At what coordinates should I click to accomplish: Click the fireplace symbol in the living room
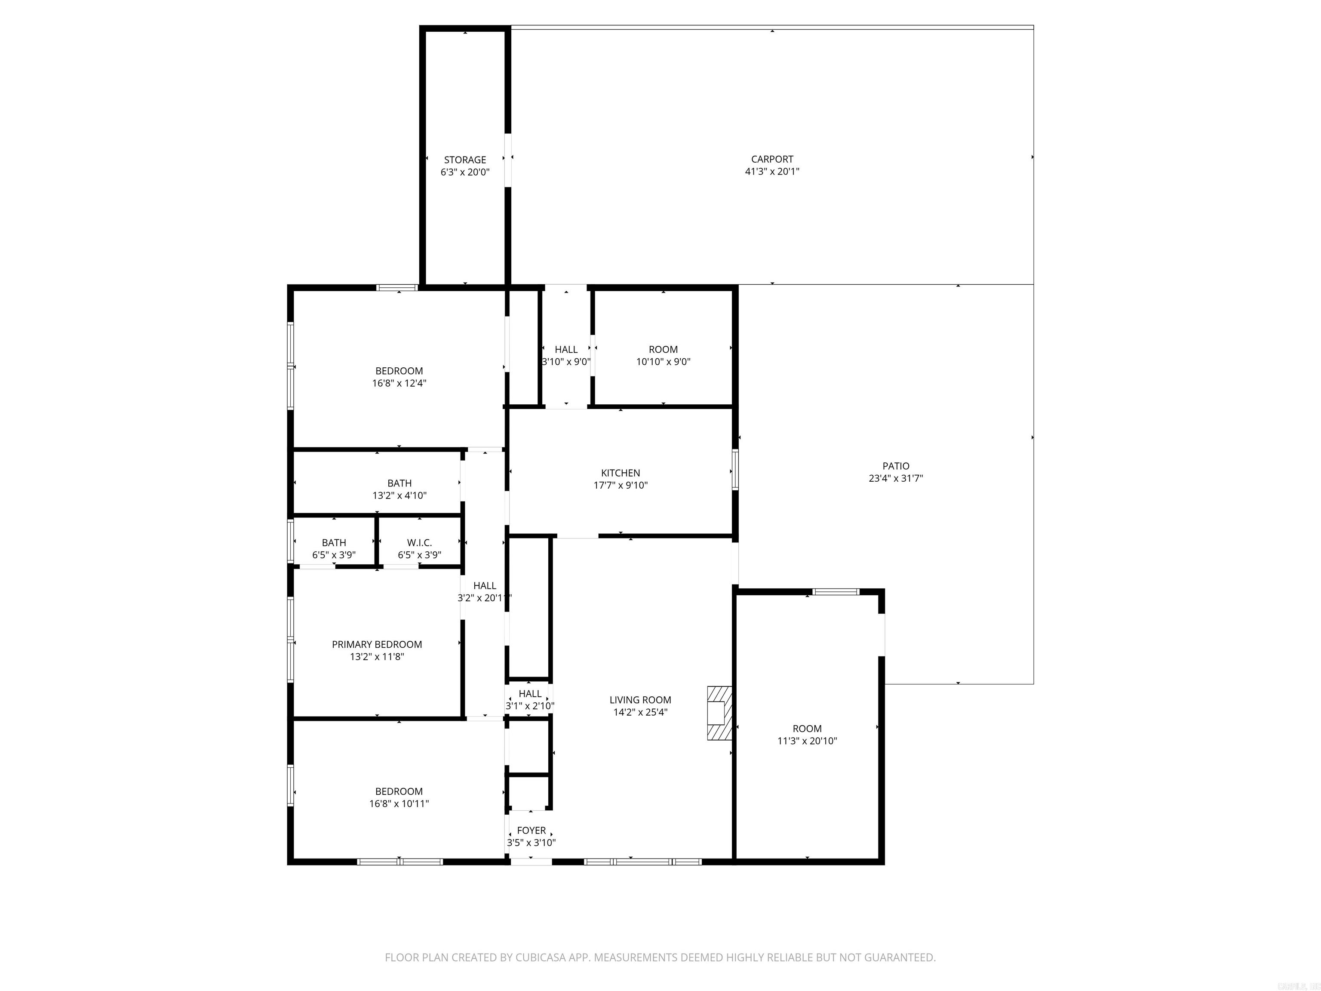pos(719,713)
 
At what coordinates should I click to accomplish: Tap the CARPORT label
pos(772,159)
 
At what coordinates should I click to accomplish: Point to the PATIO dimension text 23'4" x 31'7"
pos(895,478)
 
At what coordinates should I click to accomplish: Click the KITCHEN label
pos(621,473)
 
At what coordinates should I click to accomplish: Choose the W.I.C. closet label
pos(419,542)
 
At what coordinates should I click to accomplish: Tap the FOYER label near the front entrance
pos(531,830)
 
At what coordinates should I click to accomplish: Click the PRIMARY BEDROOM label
pos(377,644)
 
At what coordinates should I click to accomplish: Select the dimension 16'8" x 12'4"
pos(399,383)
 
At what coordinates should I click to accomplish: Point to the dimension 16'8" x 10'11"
pos(399,803)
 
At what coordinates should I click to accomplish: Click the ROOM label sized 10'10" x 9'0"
pos(663,349)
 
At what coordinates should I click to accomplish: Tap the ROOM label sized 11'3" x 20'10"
pos(807,728)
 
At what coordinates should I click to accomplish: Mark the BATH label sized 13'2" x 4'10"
pos(399,483)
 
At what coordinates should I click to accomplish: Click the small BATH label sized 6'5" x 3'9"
pos(334,542)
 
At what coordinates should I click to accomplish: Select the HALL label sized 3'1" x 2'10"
pos(530,693)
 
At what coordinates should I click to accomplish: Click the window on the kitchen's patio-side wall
pos(735,470)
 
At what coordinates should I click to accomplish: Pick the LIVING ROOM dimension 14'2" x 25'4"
pos(640,712)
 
